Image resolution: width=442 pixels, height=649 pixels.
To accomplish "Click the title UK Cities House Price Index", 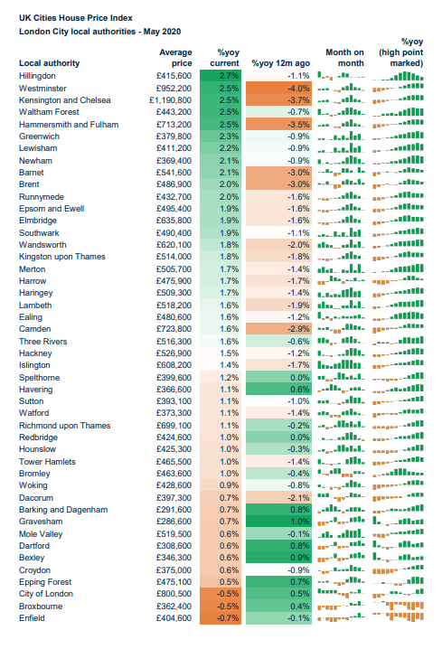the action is coord(76,18).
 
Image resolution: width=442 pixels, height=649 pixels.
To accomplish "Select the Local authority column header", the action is coord(49,63).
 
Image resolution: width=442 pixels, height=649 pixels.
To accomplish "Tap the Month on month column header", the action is coord(344,58).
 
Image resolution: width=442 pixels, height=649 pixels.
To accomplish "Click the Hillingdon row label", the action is coord(37,76).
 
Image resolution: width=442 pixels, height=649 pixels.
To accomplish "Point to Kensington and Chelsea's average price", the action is coord(171,100).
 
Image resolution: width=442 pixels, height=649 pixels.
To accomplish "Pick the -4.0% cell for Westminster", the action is coord(278,89).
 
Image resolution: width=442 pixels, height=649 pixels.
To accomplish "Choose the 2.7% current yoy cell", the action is coord(221,76).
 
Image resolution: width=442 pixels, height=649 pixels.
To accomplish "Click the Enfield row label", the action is coord(32,618).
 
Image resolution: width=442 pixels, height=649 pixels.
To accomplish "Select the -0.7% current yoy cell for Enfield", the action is coord(221,618).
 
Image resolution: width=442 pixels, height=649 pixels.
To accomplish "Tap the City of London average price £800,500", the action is coord(174,594).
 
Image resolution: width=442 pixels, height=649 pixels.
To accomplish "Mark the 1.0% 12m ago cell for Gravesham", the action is coord(278,522).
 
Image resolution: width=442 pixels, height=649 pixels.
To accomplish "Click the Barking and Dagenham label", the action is coord(63,510).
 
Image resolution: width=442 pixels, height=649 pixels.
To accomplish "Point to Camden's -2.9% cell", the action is coord(278,329).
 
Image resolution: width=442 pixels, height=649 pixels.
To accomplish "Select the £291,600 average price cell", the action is coord(174,510).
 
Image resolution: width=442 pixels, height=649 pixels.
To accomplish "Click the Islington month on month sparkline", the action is coord(342,364).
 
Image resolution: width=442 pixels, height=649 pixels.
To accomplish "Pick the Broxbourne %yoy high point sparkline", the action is coord(398,606).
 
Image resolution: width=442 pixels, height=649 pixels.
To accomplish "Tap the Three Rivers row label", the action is coord(43,342).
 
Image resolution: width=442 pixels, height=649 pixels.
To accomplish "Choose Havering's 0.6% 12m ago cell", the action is coord(278,389).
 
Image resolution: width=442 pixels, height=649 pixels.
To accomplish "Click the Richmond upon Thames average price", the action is coord(174,426).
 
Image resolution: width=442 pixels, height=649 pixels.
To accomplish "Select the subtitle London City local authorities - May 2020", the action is coord(99,32).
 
